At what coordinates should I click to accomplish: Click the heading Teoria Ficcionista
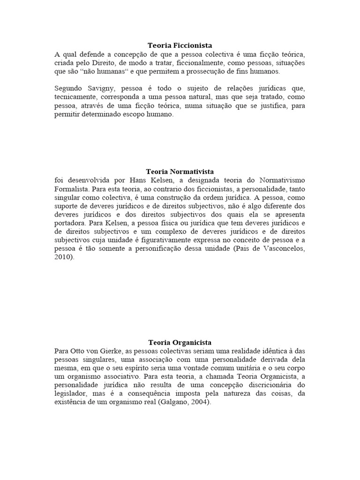(x=180, y=45)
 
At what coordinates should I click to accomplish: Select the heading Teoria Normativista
(x=180, y=172)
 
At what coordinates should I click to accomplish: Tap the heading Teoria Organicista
(x=180, y=343)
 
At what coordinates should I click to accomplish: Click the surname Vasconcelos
(x=281, y=249)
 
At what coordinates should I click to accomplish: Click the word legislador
(x=71, y=393)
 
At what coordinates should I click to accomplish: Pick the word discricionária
(x=267, y=384)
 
